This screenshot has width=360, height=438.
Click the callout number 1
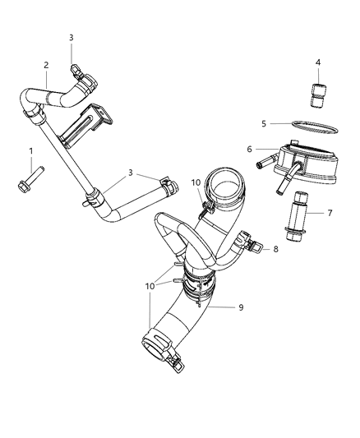pos(31,151)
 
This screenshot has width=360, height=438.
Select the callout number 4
pos(318,62)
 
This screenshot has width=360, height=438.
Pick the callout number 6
pos(249,149)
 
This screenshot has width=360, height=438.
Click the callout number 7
pos(330,213)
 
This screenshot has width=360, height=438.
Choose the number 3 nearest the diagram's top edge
pos(72,38)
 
